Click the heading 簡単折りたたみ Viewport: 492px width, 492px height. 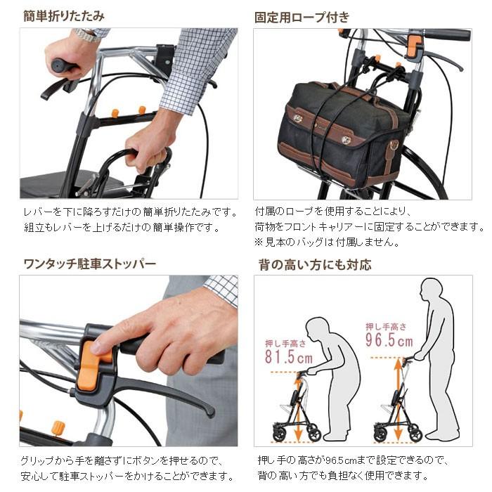(x=63, y=15)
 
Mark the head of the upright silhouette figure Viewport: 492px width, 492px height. (x=431, y=290)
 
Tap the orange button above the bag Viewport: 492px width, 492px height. (x=414, y=45)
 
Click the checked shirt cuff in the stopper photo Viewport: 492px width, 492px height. (x=221, y=288)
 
